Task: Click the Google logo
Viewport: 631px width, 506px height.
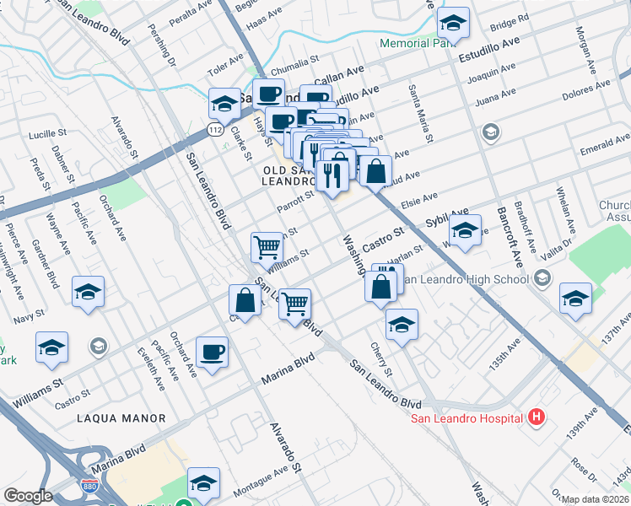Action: coord(28,496)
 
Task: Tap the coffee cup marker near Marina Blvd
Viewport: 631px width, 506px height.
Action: coord(212,352)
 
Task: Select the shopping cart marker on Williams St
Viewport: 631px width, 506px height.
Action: coord(267,247)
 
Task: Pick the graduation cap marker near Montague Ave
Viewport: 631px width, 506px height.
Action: coord(203,482)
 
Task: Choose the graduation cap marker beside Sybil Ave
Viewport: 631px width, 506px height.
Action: coord(464,230)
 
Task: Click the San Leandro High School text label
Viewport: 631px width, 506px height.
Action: coord(470,279)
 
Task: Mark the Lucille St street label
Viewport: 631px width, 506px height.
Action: coord(47,134)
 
